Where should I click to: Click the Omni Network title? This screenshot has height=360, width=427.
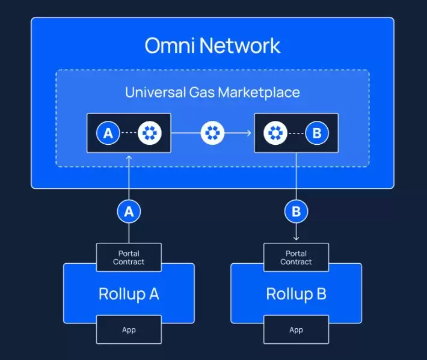(212, 46)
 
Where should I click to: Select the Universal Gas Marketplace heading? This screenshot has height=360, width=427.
(212, 93)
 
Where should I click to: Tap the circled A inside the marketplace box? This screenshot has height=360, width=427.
(108, 133)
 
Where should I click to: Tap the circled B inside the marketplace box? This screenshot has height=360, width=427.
(316, 133)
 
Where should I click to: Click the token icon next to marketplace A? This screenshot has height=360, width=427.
(150, 133)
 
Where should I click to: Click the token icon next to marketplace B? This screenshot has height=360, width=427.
(275, 133)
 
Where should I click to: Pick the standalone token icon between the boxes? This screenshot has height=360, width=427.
(212, 133)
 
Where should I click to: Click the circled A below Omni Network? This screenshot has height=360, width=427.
(129, 211)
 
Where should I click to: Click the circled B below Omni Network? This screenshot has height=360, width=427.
(296, 211)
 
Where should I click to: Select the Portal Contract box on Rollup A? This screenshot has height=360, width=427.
(129, 257)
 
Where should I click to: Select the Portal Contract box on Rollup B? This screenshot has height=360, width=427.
(296, 257)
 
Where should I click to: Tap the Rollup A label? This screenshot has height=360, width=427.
(129, 294)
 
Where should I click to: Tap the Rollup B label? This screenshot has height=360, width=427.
(296, 294)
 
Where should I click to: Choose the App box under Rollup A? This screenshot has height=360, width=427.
(129, 329)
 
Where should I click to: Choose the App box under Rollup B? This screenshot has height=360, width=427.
(296, 329)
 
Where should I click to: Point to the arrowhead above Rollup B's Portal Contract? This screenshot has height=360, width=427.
(296, 239)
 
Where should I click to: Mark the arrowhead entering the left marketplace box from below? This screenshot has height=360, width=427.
(129, 157)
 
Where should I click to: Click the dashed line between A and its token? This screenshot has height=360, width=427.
(129, 133)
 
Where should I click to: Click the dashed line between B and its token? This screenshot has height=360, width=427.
(296, 133)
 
